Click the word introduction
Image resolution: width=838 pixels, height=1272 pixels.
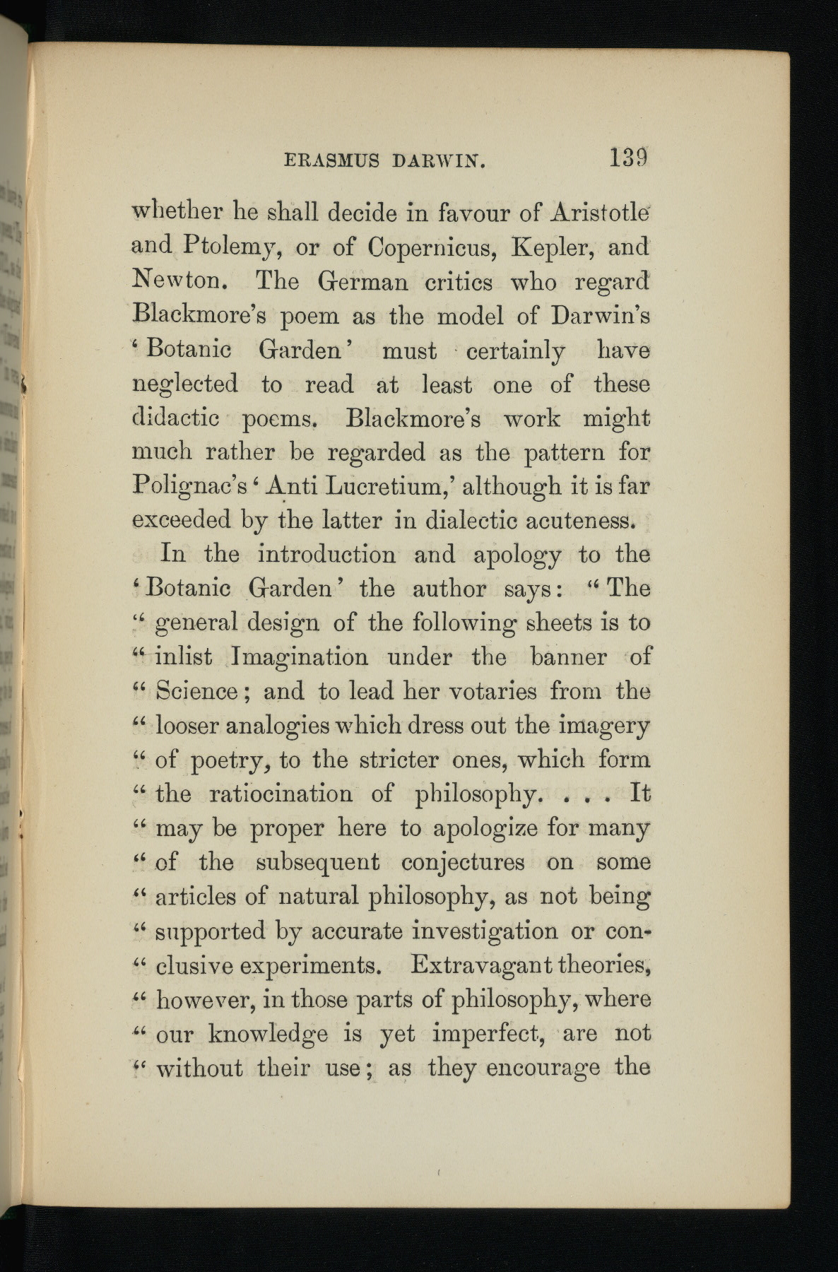pyautogui.click(x=326, y=554)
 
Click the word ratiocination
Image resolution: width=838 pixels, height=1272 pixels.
pyautogui.click(x=281, y=794)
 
